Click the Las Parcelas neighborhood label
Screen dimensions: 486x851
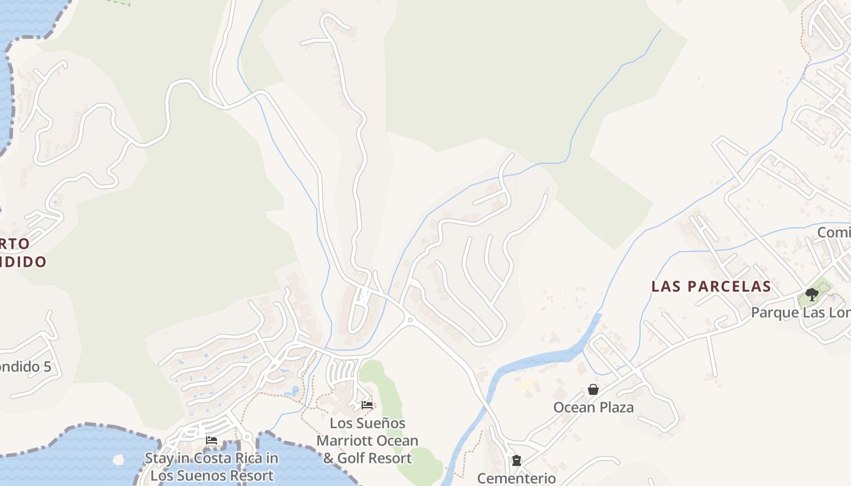[x=711, y=286]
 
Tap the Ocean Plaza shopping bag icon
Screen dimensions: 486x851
[x=593, y=389]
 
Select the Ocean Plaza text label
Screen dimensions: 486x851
[x=593, y=407]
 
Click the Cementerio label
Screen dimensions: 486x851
[x=516, y=478]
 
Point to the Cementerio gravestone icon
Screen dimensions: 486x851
[x=517, y=460]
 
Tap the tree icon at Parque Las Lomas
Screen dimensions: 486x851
[x=812, y=295]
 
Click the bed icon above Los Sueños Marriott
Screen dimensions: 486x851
[x=367, y=405]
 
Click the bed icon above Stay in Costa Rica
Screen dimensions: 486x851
[x=212, y=440]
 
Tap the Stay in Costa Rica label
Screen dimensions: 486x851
[x=212, y=458]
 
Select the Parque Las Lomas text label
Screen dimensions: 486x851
[x=801, y=312]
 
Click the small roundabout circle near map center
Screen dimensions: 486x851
[x=410, y=320]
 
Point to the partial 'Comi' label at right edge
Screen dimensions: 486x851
[x=833, y=232]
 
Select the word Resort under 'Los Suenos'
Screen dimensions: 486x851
[x=250, y=475]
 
